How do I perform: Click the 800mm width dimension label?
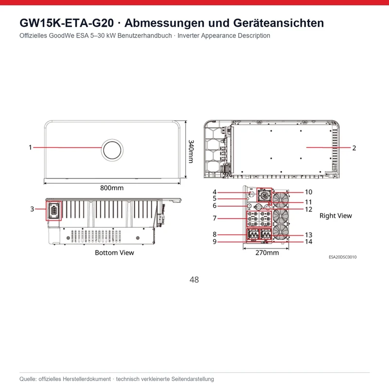point(112,188)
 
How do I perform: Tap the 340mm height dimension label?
point(191,151)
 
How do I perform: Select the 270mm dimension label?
point(267,252)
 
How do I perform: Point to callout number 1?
point(30,147)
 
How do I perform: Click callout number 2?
point(354,148)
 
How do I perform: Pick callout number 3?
point(32,209)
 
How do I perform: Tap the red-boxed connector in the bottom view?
point(53,211)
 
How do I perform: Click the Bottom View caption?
point(114,252)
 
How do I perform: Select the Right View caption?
point(336,215)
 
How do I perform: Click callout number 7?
point(214,218)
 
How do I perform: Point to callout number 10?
point(308,192)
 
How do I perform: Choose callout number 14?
point(309,242)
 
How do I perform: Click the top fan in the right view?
point(281,200)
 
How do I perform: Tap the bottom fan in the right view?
point(281,232)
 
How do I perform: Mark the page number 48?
point(194,280)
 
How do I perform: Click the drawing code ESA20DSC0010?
point(343,257)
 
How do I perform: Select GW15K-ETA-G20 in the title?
point(67,23)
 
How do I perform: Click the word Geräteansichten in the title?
point(279,23)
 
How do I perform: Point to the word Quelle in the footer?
point(28,379)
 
